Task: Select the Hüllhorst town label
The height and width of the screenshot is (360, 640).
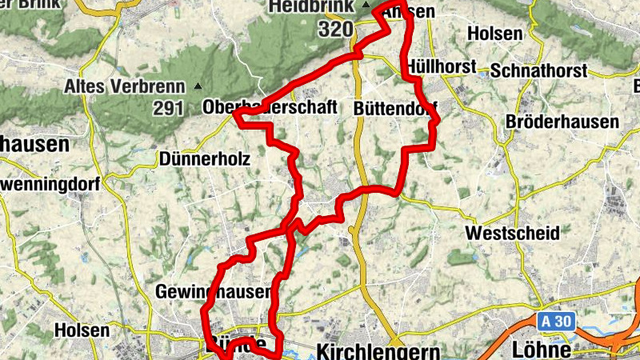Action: pyautogui.click(x=442, y=66)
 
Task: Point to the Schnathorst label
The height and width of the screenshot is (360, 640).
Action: pyautogui.click(x=538, y=70)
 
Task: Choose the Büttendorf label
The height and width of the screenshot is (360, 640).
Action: pyautogui.click(x=395, y=107)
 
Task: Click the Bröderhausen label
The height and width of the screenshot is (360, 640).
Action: pyautogui.click(x=563, y=122)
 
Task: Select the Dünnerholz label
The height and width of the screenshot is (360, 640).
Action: pyautogui.click(x=205, y=159)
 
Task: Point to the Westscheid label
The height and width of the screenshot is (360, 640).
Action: pyautogui.click(x=512, y=233)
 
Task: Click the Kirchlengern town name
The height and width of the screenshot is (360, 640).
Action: pyautogui.click(x=379, y=350)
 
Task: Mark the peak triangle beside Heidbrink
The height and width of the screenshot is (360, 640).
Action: pyautogui.click(x=366, y=6)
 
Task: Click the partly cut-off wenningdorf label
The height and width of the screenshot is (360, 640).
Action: pyautogui.click(x=50, y=184)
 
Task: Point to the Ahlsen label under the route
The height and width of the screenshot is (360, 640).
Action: pyautogui.click(x=409, y=13)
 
